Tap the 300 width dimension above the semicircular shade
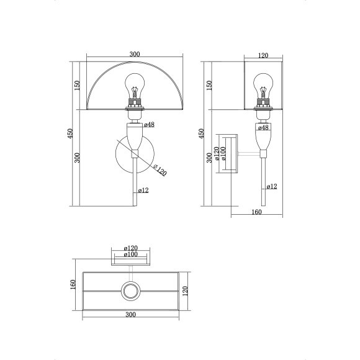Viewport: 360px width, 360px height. point(134,55)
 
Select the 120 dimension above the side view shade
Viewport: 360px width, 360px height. point(263,56)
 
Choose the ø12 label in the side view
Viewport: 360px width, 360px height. point(271,186)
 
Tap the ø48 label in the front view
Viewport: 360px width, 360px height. point(149,125)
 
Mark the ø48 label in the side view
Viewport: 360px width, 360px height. point(263,128)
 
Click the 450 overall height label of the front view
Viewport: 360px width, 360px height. point(70,133)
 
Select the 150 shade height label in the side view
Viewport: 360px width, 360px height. point(209,85)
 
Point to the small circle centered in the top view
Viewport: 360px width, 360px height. point(132,290)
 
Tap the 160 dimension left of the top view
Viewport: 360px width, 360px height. point(73,284)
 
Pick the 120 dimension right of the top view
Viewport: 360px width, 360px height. point(186,292)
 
